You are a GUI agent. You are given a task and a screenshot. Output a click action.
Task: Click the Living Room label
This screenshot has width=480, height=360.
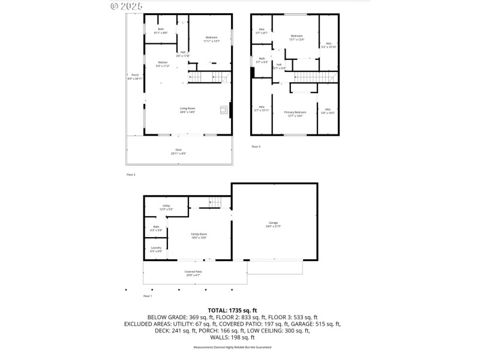[x=188, y=110]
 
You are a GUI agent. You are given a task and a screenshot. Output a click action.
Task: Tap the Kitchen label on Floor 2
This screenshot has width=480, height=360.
[x=163, y=64]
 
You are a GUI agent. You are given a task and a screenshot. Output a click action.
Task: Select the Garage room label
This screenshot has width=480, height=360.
[x=273, y=224]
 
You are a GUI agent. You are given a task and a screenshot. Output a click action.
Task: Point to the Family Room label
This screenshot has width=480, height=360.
[x=199, y=235]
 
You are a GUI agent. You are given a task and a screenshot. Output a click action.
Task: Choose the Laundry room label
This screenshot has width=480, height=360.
[x=155, y=249]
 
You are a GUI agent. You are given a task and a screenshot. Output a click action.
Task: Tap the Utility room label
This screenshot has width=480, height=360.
[x=166, y=207]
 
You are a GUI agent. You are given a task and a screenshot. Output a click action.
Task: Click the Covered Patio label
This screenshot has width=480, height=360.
[x=193, y=274]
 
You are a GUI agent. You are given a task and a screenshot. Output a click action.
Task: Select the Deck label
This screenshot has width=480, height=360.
[x=178, y=151]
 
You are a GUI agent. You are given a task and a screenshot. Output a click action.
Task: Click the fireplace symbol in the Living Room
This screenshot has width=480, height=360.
[x=224, y=110]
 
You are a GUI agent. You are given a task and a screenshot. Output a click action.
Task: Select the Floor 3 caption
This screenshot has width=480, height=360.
[x=256, y=146]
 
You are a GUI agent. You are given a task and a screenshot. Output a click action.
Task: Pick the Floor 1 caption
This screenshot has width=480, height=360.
[x=148, y=296]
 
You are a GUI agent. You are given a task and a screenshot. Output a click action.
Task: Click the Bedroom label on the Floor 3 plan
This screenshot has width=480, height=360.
[x=296, y=38]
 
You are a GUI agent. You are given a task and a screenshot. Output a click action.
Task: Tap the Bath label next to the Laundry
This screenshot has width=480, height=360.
[x=156, y=228]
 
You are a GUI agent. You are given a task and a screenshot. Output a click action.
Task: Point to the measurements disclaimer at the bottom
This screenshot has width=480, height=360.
[x=232, y=347]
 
